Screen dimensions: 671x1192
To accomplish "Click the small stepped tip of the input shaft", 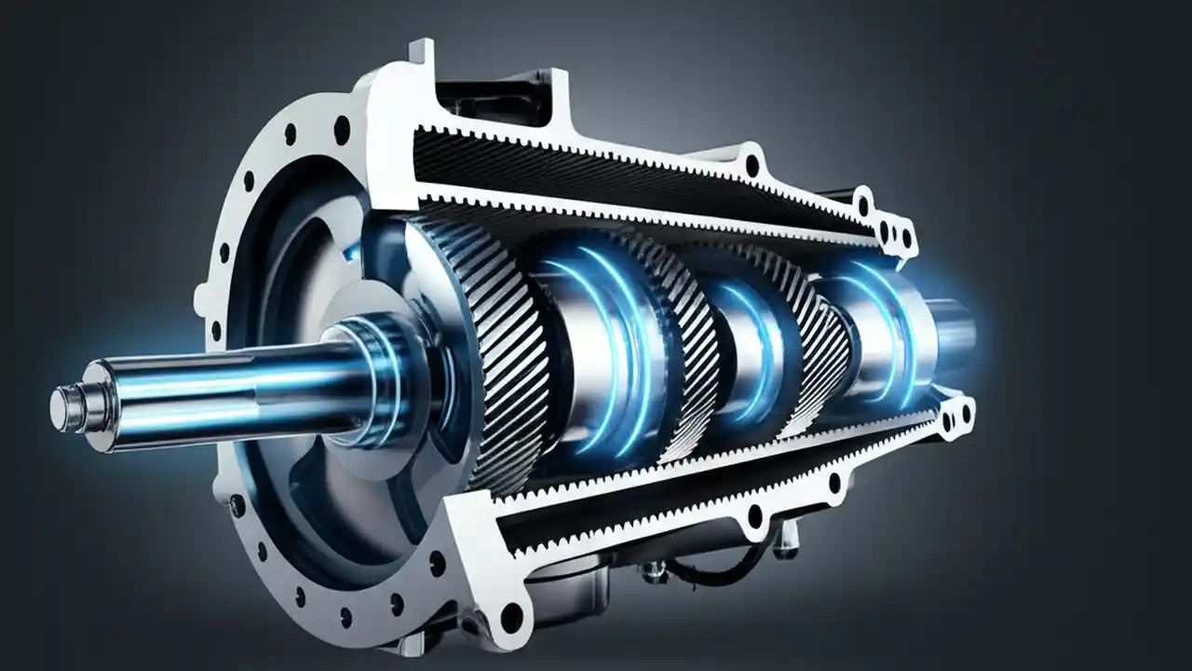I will [63, 408].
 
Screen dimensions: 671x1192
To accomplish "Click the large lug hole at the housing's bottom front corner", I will [511, 616].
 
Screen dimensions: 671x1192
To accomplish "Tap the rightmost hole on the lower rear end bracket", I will [965, 410].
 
